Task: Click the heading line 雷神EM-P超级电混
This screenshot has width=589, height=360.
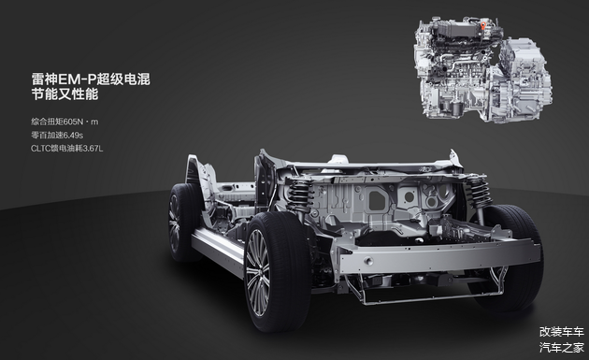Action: tap(91, 79)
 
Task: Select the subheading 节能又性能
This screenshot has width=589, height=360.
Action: tap(65, 94)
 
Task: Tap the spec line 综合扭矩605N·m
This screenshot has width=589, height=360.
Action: tap(65, 122)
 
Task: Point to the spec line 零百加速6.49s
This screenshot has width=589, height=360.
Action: tap(57, 135)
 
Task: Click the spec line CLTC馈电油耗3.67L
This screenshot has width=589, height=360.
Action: tap(67, 149)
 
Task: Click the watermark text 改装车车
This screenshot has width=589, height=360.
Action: tap(562, 332)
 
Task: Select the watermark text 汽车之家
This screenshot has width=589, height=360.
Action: tap(562, 348)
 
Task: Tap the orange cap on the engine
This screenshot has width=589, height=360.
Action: tap(483, 25)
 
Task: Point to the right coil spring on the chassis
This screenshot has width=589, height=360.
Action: tap(479, 192)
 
